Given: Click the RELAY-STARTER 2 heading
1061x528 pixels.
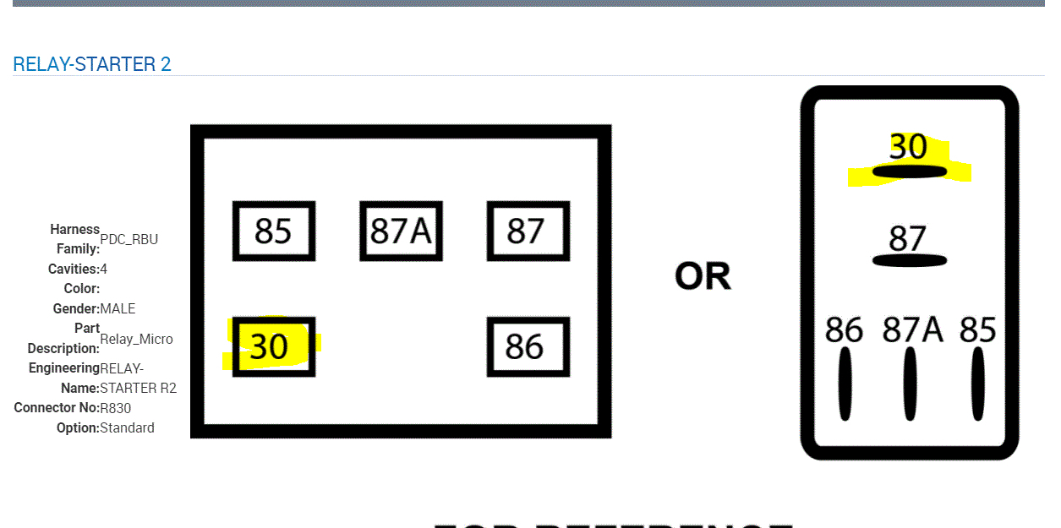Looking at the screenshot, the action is point(92,64).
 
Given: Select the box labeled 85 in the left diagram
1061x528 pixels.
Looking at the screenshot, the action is point(273,231).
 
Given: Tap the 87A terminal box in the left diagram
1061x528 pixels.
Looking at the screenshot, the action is point(401,231).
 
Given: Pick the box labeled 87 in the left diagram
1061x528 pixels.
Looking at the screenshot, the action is point(528,231).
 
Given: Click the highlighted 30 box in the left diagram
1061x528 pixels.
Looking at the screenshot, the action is point(272,346).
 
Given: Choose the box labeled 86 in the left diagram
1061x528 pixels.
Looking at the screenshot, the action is point(528,346).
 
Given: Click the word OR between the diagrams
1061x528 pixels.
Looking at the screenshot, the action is point(703,276).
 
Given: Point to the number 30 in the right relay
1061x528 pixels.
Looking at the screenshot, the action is point(908,147).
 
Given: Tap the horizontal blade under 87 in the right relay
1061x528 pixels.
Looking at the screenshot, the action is point(909,260).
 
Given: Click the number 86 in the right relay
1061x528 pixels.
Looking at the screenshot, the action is point(844,329).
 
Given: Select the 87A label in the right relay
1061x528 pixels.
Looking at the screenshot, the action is point(912,329).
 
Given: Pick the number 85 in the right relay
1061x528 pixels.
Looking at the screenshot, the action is point(977,329).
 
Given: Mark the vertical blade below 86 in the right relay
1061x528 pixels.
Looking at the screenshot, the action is point(845,384).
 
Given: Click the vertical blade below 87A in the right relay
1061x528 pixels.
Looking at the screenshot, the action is point(910,384).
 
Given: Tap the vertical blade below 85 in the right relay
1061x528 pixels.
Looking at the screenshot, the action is point(977,384).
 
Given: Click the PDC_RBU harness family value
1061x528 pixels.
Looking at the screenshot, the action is point(129,239).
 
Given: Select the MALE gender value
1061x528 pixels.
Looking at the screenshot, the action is point(118,308).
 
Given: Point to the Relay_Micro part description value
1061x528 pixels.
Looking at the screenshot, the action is point(136,339).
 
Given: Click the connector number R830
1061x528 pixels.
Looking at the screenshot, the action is point(115,408).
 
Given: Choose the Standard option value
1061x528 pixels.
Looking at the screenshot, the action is point(127,427).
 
